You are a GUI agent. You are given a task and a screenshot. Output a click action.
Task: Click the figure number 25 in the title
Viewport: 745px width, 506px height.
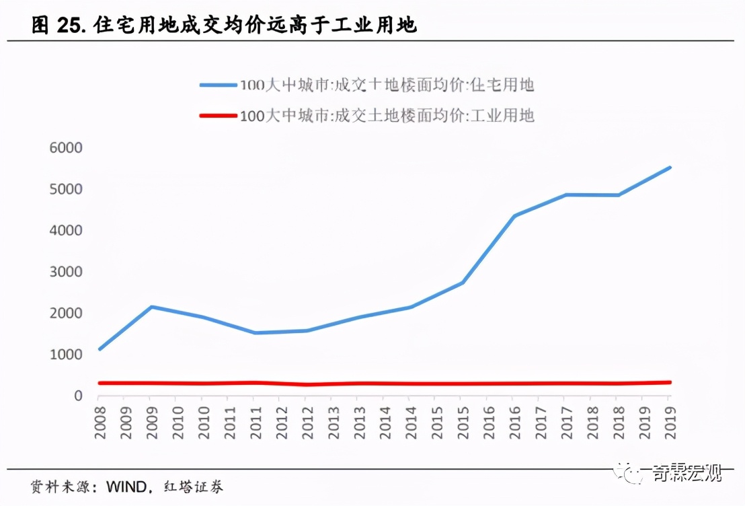click(x=67, y=26)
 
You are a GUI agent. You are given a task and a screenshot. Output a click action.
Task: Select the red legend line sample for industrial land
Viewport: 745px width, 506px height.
click(x=219, y=116)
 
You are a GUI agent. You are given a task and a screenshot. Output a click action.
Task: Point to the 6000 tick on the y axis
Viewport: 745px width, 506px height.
click(x=65, y=148)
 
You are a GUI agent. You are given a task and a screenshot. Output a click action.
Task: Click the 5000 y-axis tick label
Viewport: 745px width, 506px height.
click(x=65, y=189)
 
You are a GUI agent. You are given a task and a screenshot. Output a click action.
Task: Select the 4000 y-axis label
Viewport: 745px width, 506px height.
click(x=65, y=231)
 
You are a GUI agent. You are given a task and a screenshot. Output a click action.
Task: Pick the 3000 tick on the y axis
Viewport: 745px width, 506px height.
click(x=65, y=272)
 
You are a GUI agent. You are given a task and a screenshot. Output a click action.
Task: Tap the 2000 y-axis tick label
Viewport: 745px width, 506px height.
click(x=65, y=314)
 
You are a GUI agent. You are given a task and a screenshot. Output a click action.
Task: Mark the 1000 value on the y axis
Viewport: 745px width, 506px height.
click(x=65, y=355)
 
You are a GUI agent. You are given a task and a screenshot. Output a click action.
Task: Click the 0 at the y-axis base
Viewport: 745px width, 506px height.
click(x=78, y=396)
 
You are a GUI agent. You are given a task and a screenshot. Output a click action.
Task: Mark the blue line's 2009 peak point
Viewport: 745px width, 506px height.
click(x=152, y=307)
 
